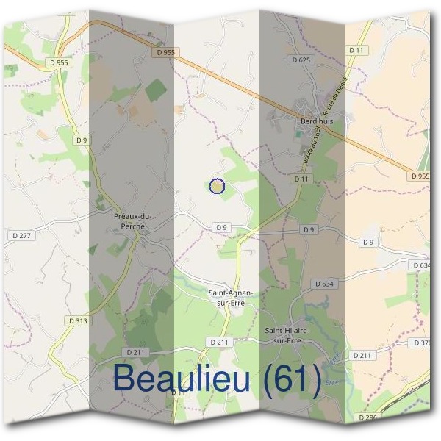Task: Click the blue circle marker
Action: (x=217, y=186)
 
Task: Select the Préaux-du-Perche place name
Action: (x=133, y=220)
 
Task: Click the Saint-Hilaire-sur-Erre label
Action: (x=288, y=335)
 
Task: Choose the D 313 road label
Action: (x=77, y=320)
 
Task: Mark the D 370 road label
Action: (x=422, y=343)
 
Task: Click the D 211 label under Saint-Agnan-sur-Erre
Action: (x=219, y=342)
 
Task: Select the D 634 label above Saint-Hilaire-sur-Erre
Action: (x=324, y=283)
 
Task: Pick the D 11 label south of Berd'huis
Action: (x=301, y=179)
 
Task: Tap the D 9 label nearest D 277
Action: (x=82, y=139)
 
